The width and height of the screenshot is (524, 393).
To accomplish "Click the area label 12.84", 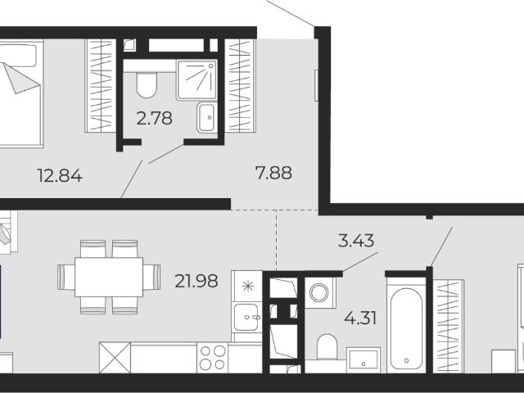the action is (60, 176).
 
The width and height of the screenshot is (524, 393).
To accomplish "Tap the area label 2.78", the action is (155, 118).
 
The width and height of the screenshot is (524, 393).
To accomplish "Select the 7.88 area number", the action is (273, 173).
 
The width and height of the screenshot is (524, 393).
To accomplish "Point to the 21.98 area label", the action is (196, 281).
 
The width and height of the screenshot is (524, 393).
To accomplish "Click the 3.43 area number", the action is (355, 241).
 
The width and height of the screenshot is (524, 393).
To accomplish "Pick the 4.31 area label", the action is (360, 318).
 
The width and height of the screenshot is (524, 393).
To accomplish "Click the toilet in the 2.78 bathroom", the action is (147, 84).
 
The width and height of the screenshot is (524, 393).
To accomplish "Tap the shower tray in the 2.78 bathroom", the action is (196, 79).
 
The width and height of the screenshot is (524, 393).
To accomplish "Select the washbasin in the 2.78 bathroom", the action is (206, 117).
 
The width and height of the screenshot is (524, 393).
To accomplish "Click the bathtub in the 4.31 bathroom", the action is (406, 327).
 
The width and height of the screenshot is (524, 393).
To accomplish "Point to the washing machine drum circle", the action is (318, 293).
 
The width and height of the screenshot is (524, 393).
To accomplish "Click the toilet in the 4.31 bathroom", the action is (327, 347).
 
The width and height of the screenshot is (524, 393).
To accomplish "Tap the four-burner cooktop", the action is (213, 357).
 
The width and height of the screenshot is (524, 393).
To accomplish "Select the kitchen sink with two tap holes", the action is (246, 317).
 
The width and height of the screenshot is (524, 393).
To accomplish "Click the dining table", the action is (109, 277).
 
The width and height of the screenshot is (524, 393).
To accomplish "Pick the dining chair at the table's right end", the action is (152, 277).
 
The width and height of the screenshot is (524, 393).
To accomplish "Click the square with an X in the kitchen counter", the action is (115, 357).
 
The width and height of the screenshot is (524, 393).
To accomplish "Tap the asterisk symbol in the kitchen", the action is (248, 287).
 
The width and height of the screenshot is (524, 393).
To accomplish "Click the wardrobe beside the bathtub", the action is (449, 326).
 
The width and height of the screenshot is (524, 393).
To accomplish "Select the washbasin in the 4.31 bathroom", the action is (364, 360).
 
